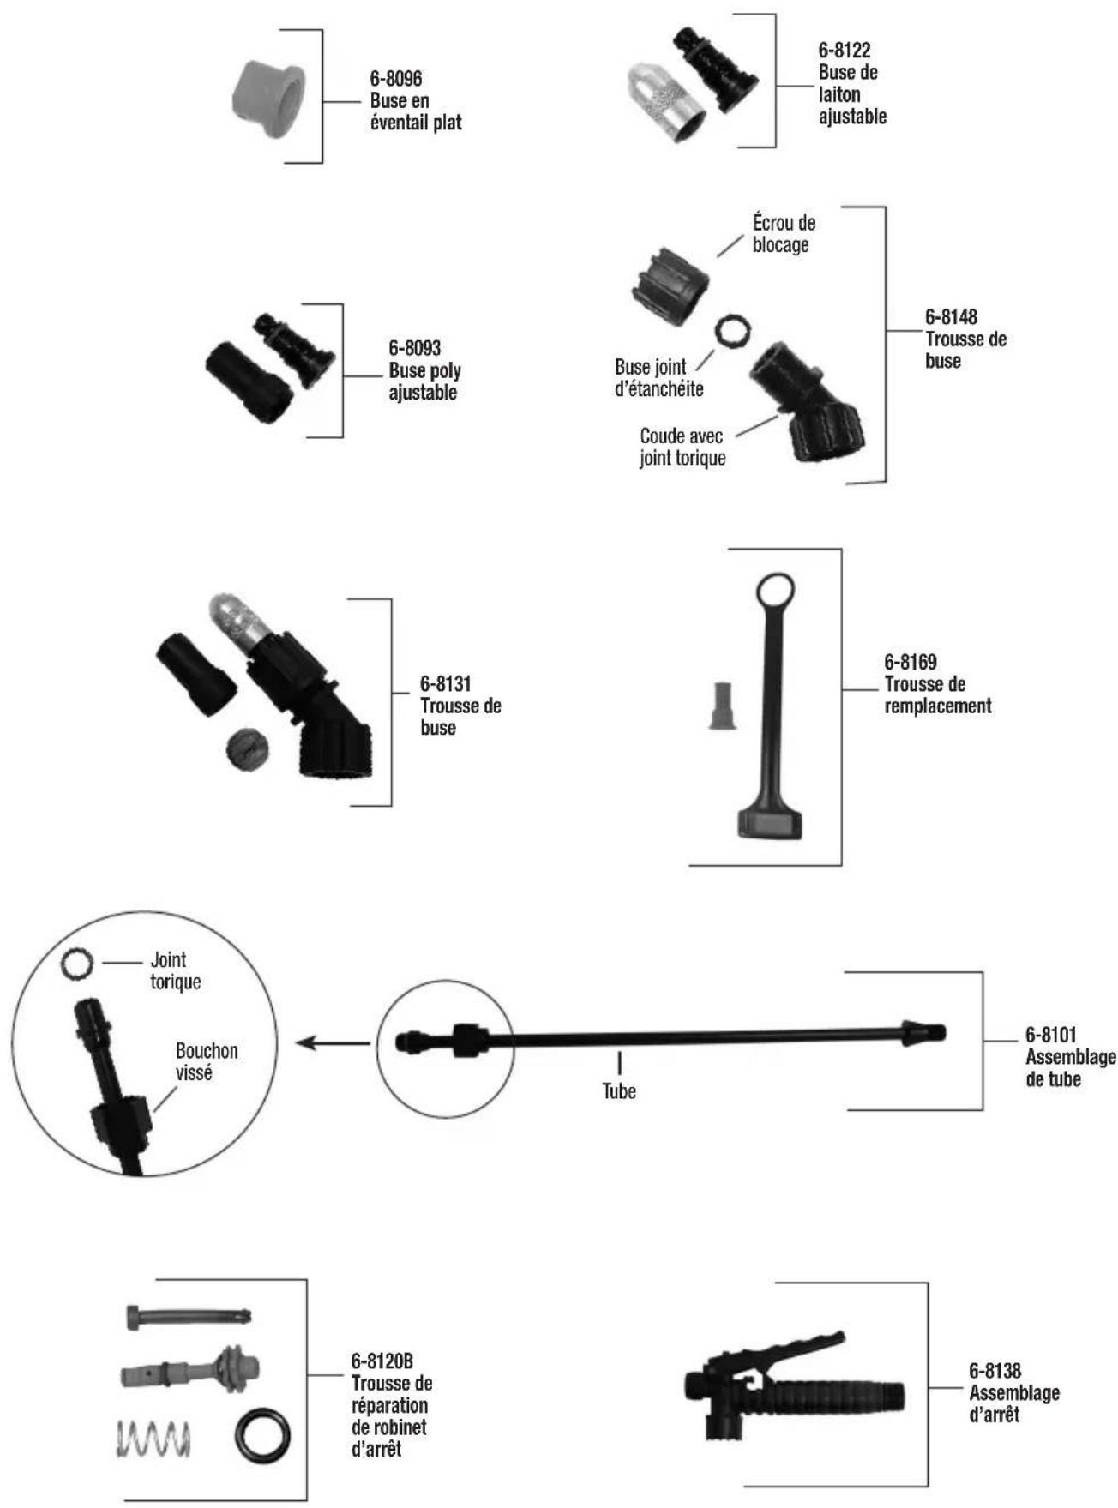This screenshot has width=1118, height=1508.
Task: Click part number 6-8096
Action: (395, 79)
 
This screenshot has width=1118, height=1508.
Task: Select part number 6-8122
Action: (845, 51)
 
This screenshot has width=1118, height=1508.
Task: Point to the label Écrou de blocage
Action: (784, 234)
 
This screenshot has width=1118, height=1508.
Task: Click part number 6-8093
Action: (414, 348)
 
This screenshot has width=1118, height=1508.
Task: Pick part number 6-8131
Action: (445, 684)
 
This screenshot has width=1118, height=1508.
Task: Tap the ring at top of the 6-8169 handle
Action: (775, 591)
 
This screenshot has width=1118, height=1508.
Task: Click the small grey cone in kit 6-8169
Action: (724, 706)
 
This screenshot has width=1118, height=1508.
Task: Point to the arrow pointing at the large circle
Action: (333, 1043)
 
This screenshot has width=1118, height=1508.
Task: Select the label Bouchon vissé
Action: (207, 1061)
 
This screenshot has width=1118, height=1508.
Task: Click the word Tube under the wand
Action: (619, 1091)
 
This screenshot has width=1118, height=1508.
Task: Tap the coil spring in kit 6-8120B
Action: (153, 1438)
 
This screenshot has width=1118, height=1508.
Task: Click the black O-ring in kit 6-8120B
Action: (262, 1435)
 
